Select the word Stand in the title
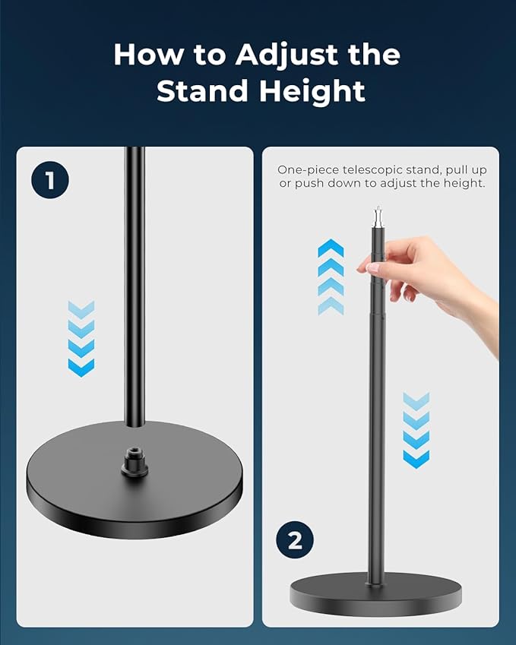coord(201,91)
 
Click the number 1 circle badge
coord(50,181)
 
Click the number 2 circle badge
coord(294,540)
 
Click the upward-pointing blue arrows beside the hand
coord(331,277)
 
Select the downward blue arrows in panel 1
coord(81,338)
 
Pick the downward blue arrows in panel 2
coord(416,429)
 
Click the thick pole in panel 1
coord(135,289)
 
